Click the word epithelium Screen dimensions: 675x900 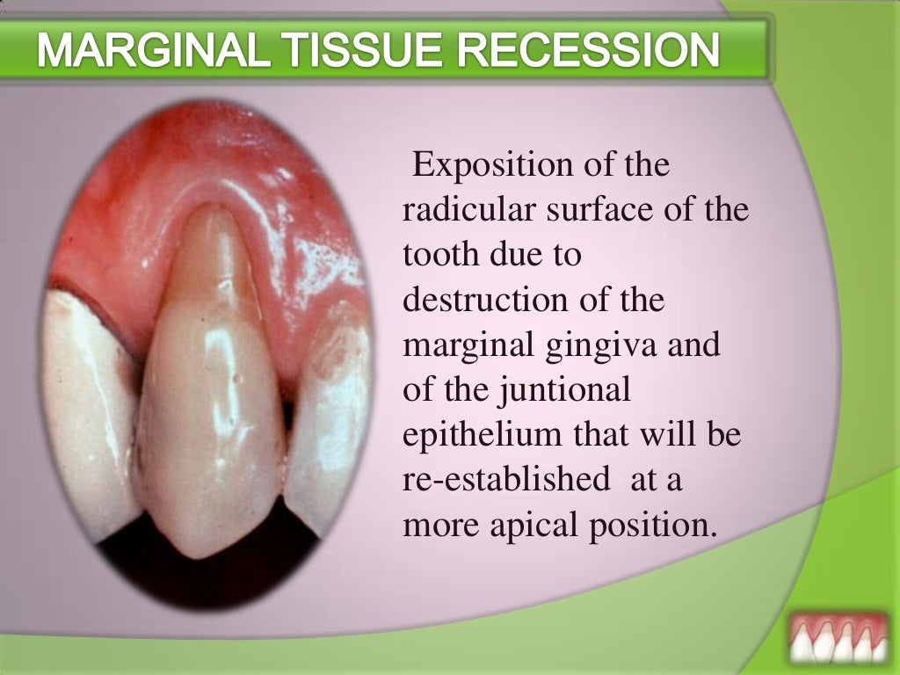483,436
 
